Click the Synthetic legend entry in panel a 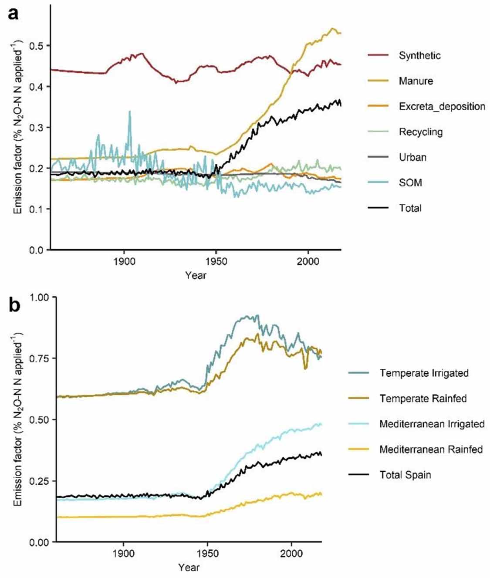click(419, 55)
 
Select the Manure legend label click(416, 81)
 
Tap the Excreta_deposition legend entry click(442, 106)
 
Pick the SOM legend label click(410, 183)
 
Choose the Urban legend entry click(412, 157)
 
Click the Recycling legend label click(420, 132)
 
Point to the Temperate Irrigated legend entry click(423, 373)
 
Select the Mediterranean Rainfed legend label click(431, 450)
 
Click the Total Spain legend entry click(405, 475)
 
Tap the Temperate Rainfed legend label click(422, 399)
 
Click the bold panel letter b click(14, 305)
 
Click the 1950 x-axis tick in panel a click(216, 261)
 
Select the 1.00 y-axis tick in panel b click(39, 297)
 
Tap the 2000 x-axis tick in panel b click(291, 554)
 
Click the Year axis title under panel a click(196, 275)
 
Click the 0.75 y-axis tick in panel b click(39, 358)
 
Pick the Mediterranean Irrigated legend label click(432, 424)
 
